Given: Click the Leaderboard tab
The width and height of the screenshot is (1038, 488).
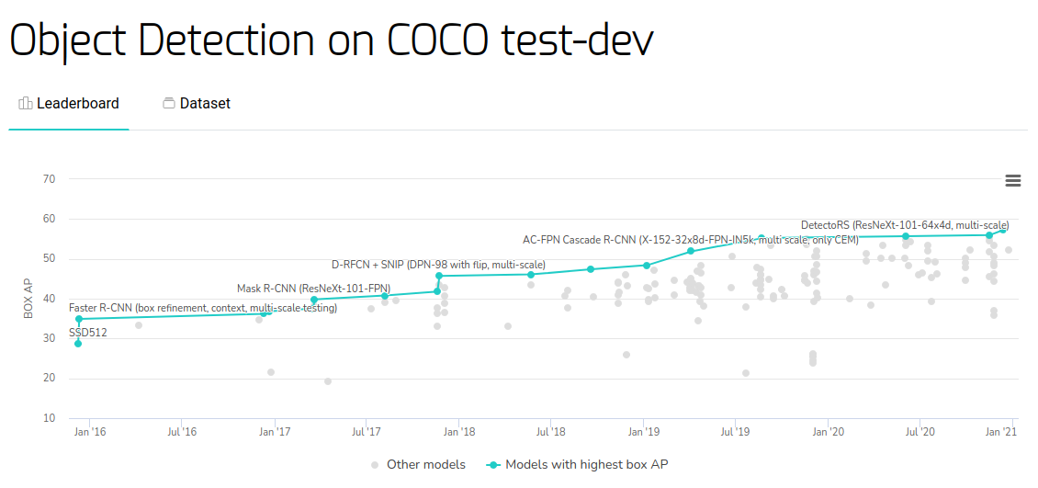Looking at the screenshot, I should pos(69,104).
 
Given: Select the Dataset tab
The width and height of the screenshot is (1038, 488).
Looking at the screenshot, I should pos(196,104).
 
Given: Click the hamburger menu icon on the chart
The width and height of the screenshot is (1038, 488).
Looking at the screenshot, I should pos(1013,181).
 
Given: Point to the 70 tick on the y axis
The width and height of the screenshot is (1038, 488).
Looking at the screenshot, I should pos(49,179).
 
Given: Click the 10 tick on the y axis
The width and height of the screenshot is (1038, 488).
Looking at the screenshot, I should pos(49,418).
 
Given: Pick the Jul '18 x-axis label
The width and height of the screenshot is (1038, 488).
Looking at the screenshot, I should pos(550,432).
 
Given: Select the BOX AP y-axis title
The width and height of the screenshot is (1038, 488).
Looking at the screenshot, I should pos(28,299).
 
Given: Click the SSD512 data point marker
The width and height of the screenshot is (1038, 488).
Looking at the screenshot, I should pos(78,344).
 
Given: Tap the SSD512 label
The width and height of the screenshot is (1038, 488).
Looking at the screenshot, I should pos(88,333).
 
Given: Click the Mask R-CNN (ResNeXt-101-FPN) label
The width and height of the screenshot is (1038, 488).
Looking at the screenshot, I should pos(313,289).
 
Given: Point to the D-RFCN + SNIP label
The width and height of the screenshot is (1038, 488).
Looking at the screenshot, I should pos(438,265).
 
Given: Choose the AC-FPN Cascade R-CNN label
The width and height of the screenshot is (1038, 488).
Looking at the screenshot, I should pos(690,240).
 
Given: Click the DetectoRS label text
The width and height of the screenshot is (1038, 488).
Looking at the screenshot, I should pos(905,225).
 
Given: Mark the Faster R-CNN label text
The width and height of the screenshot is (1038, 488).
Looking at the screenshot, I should pos(203,308).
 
